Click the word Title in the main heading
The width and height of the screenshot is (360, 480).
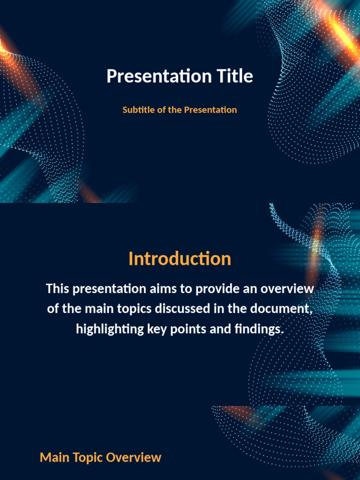tap(235, 75)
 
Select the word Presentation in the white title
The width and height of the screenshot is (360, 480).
tap(159, 75)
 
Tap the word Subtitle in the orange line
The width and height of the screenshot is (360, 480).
tap(139, 110)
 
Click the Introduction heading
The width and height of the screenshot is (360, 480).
tap(180, 259)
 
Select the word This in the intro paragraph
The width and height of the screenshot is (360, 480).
tap(58, 289)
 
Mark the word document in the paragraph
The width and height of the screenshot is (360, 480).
tap(281, 308)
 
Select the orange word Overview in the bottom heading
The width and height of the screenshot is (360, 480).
tap(134, 457)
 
